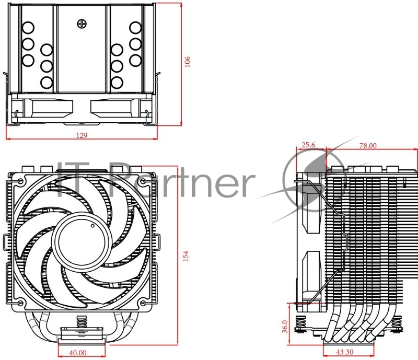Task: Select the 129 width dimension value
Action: coord(82,135)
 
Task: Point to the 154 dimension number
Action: coord(185,256)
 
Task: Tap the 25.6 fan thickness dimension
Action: coord(309,145)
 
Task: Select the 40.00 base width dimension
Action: coord(79,353)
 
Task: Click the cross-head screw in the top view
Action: coord(82,24)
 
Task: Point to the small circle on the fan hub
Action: coord(92,226)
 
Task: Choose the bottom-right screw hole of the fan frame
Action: coord(142,303)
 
